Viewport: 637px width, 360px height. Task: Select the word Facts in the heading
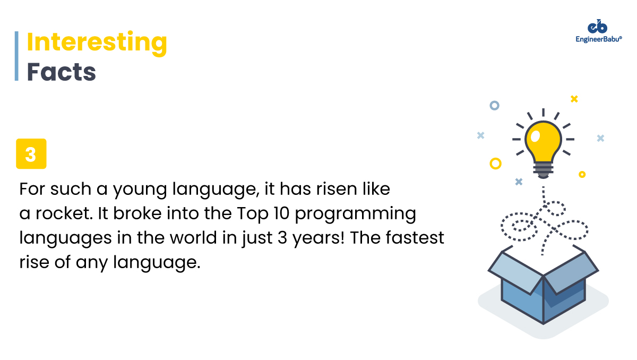click(61, 72)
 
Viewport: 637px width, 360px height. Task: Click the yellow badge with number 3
click(31, 154)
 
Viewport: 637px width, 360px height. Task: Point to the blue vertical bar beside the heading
click(16, 56)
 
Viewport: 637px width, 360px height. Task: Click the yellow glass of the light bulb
click(543, 140)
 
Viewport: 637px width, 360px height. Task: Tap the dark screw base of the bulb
click(543, 170)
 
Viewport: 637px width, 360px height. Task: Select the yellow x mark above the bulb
click(574, 99)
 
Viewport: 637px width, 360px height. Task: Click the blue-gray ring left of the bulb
click(494, 105)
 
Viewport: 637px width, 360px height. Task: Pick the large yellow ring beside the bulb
click(495, 164)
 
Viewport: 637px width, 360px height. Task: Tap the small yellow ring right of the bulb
click(582, 174)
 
